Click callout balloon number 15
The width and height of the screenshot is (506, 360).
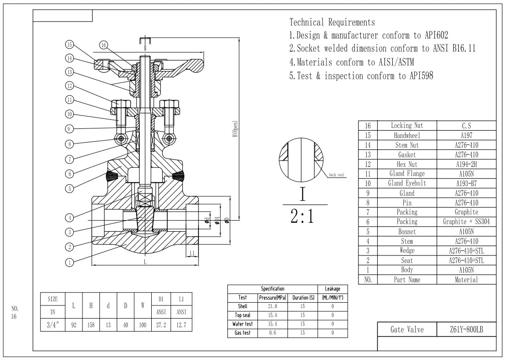click(x=69, y=45)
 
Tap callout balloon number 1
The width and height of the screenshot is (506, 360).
click(x=69, y=263)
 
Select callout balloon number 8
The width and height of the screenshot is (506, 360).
click(x=69, y=144)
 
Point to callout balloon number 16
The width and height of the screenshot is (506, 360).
click(x=104, y=45)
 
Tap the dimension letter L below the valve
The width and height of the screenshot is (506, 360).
click(x=145, y=262)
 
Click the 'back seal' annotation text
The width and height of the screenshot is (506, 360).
click(x=336, y=175)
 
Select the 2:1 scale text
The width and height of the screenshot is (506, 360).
click(x=302, y=216)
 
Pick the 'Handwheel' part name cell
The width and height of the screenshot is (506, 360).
click(x=407, y=136)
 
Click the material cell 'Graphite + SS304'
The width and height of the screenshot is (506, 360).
click(x=467, y=222)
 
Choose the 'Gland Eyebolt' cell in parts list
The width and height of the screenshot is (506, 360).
click(x=407, y=183)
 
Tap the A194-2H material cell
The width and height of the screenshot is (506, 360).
click(x=467, y=164)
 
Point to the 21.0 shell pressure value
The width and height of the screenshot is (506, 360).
click(x=274, y=305)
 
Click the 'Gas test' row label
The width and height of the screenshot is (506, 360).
click(x=243, y=333)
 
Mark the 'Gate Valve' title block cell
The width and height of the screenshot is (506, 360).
click(x=407, y=329)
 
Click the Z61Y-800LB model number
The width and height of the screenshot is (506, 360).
click(x=467, y=329)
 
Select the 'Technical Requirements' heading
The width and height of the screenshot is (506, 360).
click(x=332, y=22)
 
